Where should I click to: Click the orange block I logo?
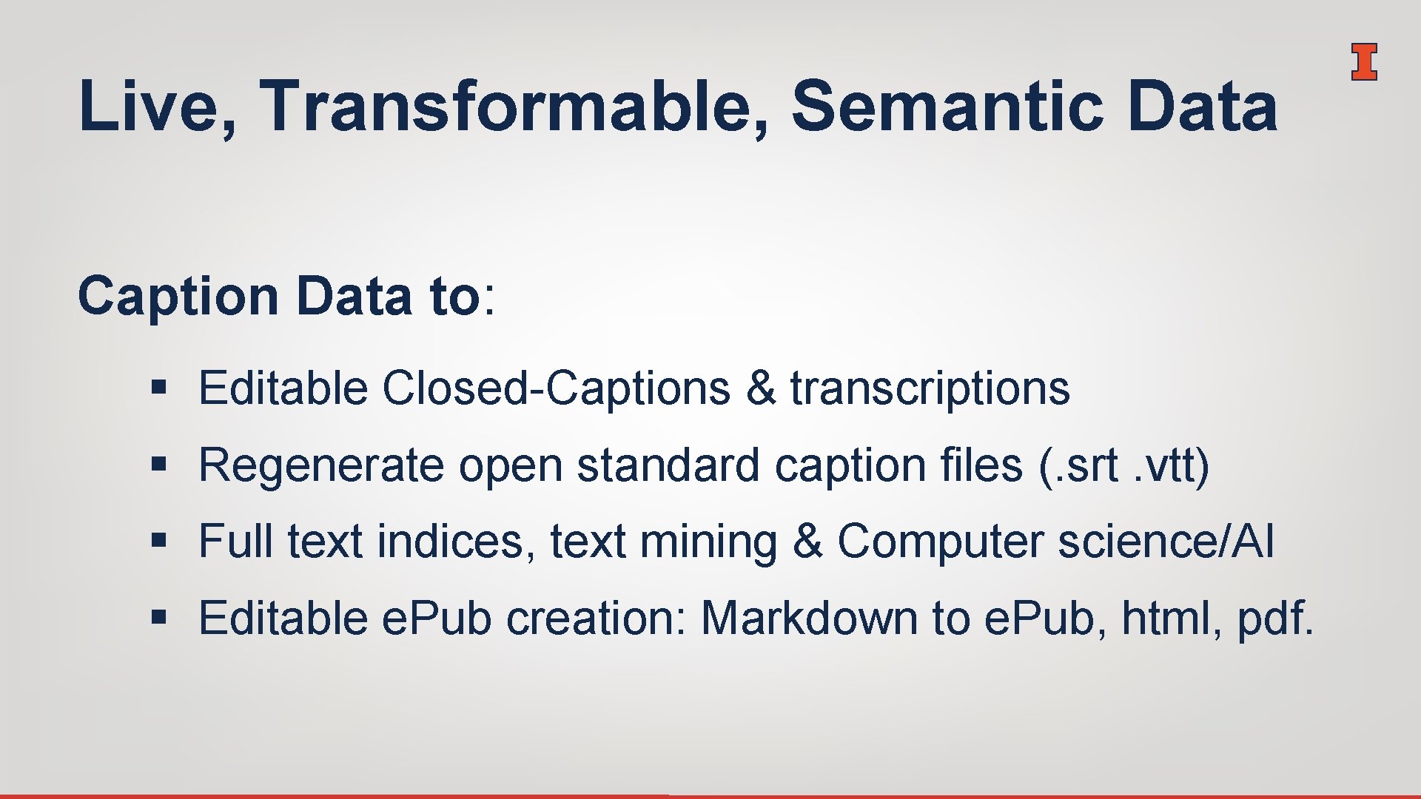(x=1363, y=61)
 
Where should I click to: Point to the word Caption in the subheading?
(x=178, y=296)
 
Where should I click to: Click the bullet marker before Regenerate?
(x=157, y=465)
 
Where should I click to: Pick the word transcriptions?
(x=930, y=389)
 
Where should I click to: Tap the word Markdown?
(x=809, y=618)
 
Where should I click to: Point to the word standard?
(x=668, y=466)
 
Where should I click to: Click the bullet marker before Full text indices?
(x=157, y=540)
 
